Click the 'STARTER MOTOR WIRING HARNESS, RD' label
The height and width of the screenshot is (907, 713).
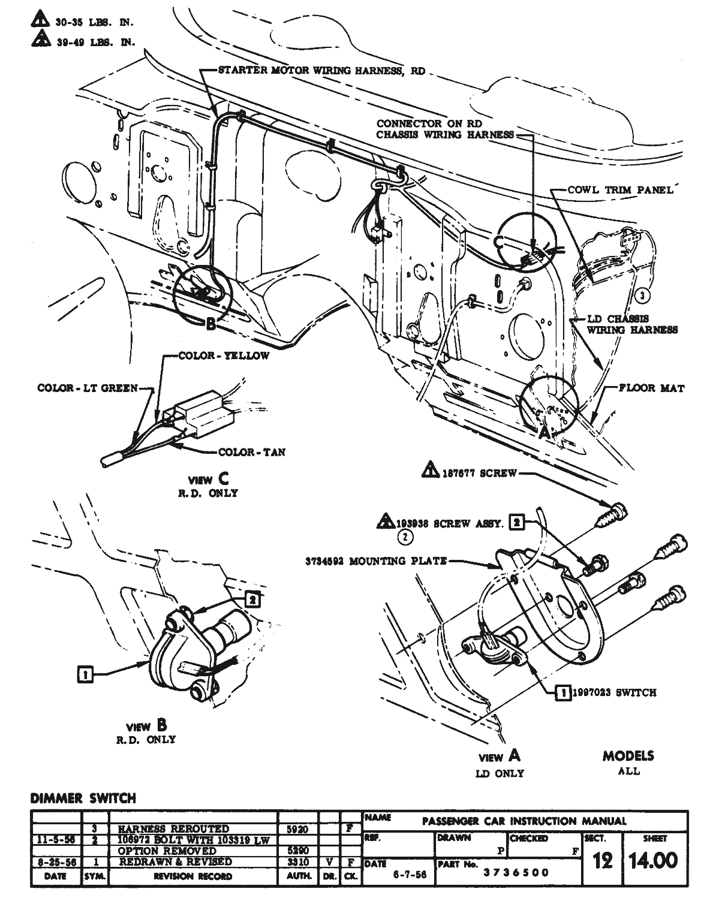point(321,71)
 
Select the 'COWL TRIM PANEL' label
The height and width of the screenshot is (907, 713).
point(620,190)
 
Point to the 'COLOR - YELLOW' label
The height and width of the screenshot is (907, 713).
point(224,355)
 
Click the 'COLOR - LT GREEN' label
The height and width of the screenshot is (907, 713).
point(88,388)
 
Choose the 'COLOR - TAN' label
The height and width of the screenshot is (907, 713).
point(251,451)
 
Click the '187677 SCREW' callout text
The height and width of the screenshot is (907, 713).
point(479,473)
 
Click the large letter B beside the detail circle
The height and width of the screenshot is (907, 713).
point(210,324)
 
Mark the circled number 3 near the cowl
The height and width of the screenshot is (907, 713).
point(642,295)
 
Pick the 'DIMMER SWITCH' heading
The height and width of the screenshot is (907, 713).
point(83,798)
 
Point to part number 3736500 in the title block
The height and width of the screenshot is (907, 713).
point(516,872)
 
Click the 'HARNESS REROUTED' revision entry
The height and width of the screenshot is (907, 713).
point(174,829)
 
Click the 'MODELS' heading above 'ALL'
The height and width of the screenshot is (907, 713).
point(628,756)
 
